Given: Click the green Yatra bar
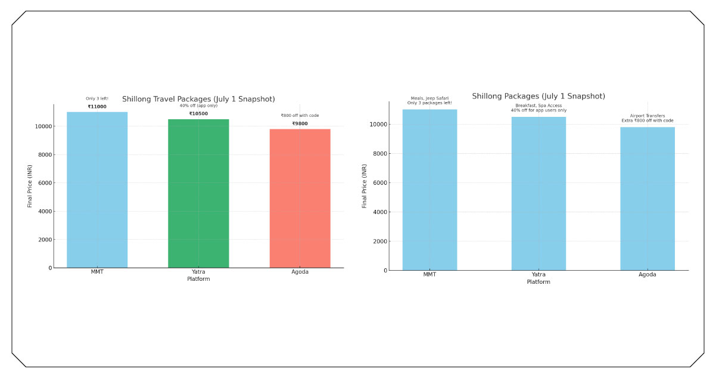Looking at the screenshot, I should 198,193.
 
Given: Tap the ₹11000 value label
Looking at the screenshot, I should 97,107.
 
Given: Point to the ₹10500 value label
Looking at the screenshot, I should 198,114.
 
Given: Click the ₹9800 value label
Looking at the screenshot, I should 300,124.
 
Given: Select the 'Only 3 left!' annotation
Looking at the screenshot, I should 97,99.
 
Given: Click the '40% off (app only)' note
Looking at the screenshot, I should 198,106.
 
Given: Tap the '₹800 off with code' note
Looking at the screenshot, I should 300,116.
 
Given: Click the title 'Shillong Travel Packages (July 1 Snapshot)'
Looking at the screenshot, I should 198,99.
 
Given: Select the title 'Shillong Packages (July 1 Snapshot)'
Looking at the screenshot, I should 538,96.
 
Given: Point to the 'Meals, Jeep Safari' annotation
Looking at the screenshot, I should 429,98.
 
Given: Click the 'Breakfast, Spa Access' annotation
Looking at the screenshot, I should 538,106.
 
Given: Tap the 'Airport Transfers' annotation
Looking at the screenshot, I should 647,116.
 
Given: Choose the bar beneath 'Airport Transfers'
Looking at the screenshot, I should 647,199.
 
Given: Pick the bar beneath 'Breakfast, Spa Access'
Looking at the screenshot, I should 538,193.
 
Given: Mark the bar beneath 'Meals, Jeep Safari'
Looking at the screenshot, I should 429,190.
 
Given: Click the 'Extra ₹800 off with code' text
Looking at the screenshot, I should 647,120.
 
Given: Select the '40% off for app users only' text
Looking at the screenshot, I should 538,110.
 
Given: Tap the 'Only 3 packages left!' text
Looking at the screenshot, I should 429,103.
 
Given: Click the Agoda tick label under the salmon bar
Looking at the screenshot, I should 300,272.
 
